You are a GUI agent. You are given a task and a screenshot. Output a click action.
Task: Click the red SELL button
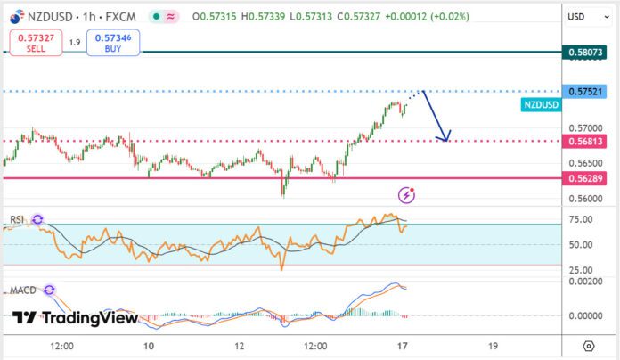coord(36,43)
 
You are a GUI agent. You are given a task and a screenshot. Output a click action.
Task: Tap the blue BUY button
coord(113,43)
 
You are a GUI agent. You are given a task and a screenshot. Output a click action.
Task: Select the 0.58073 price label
coord(584,53)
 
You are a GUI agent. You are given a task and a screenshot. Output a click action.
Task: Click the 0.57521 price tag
coord(584,92)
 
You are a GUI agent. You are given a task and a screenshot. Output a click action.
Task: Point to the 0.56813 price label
coord(584,141)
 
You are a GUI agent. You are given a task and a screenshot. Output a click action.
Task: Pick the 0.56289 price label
coord(584,178)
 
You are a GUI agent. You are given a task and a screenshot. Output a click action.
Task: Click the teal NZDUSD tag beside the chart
coord(541,105)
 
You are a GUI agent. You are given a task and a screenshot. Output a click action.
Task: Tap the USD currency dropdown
coord(588,17)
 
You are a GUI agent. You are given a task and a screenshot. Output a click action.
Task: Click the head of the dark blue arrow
coord(445,140)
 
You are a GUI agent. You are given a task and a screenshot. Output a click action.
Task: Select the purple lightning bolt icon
coord(406,195)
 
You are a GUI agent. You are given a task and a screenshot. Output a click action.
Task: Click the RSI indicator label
coord(17,219)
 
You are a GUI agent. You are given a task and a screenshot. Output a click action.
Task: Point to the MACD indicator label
coord(23,290)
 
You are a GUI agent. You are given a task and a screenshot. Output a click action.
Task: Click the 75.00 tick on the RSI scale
coord(581,219)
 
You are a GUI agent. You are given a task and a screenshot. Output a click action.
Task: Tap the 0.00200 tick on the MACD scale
coord(585,282)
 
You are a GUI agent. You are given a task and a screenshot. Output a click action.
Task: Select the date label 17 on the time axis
coord(402,346)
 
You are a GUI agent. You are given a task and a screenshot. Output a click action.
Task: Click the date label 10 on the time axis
coord(149,346)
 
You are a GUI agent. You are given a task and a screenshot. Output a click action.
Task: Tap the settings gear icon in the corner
coord(589,346)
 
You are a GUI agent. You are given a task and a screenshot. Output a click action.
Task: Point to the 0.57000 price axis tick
coord(585,128)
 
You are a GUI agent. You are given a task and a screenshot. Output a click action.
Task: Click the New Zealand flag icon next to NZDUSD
coord(17,17)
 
